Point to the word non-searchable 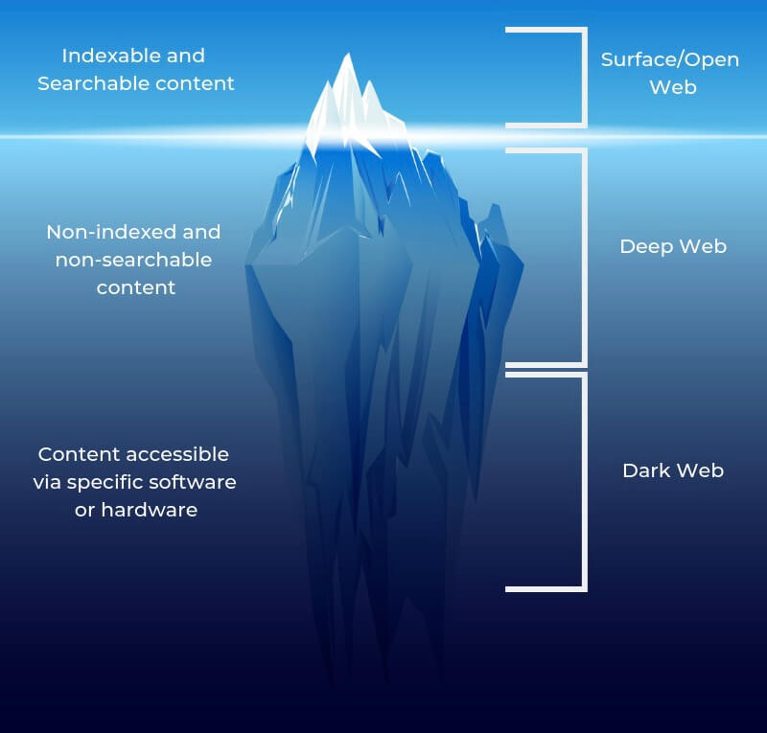[133, 260]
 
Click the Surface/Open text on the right [669, 59]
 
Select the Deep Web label [673, 246]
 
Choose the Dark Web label [673, 470]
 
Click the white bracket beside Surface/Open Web [582, 77]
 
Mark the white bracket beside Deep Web [582, 257]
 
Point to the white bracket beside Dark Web [582, 481]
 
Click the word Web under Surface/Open [672, 87]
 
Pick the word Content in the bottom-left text [74, 454]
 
